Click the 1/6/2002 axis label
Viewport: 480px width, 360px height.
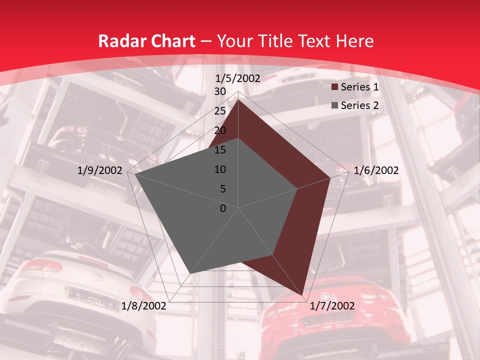pyautogui.click(x=376, y=170)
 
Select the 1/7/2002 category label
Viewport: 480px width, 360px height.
pyautogui.click(x=332, y=306)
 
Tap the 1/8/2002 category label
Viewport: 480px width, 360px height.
pyautogui.click(x=144, y=306)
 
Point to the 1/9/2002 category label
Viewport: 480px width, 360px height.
pyautogui.click(x=100, y=170)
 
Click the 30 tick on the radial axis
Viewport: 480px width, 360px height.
pyautogui.click(x=220, y=91)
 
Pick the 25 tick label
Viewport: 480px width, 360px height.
pyautogui.click(x=220, y=111)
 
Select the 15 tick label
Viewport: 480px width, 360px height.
pyautogui.click(x=220, y=150)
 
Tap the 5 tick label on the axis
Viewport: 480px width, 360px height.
pyautogui.click(x=223, y=189)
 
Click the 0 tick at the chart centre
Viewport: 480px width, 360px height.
pyautogui.click(x=223, y=208)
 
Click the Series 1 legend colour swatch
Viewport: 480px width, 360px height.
pyautogui.click(x=334, y=87)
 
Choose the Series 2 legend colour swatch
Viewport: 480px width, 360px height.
pyautogui.click(x=334, y=105)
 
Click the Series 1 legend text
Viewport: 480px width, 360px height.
pyautogui.click(x=359, y=87)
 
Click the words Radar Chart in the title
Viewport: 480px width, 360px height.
pyautogui.click(x=146, y=41)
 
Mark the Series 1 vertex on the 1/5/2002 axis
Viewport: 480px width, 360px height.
pyautogui.click(x=238, y=99)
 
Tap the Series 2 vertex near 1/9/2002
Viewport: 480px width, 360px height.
pyautogui.click(x=135, y=174)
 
